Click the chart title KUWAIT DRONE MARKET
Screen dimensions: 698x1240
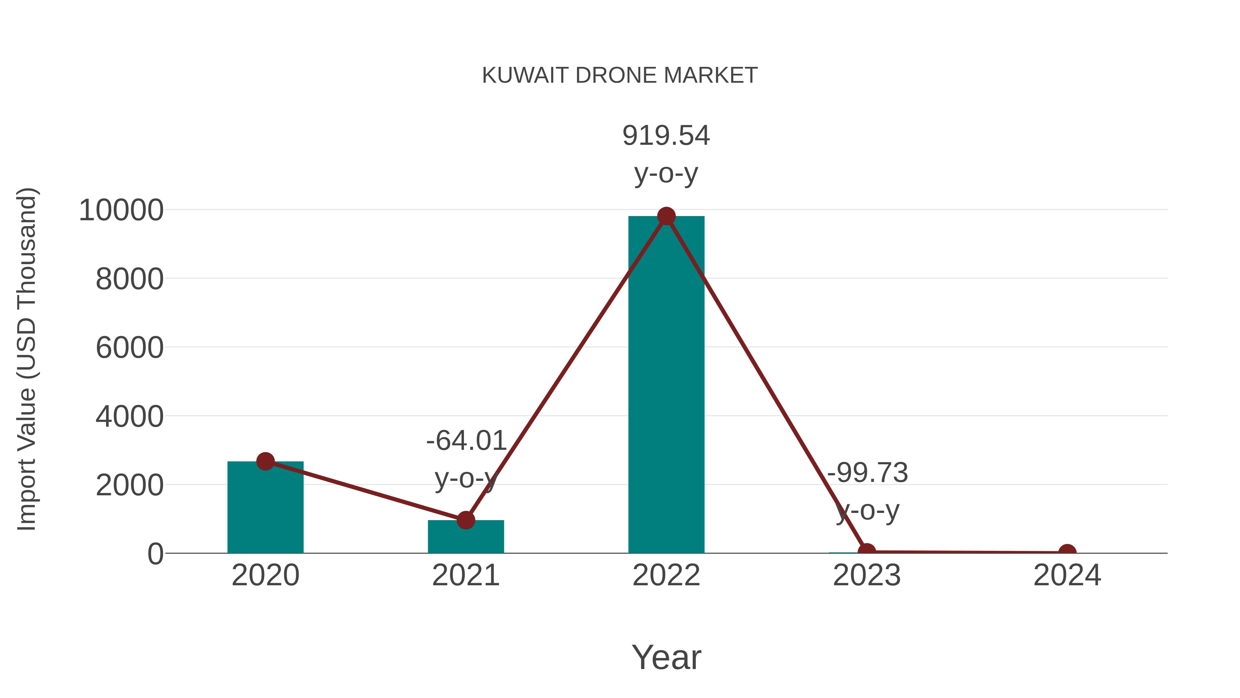(x=620, y=75)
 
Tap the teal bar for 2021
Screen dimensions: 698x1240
(x=465, y=538)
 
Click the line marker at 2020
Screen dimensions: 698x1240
(x=265, y=462)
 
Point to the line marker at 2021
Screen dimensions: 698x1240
(x=465, y=520)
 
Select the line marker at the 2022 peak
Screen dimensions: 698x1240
(x=666, y=216)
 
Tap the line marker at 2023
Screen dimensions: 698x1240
(x=867, y=552)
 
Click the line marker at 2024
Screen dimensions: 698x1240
(x=1067, y=552)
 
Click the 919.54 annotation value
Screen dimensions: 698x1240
(x=666, y=136)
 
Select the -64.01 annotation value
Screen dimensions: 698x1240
(x=466, y=441)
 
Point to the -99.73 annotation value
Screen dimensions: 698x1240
(x=867, y=473)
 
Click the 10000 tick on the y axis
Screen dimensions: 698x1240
(x=121, y=211)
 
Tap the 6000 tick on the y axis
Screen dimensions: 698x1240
(x=130, y=348)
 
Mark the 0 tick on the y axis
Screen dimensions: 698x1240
(x=155, y=554)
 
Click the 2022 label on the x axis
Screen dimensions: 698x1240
(x=666, y=576)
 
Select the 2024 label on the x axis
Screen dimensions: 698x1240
(x=1067, y=576)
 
